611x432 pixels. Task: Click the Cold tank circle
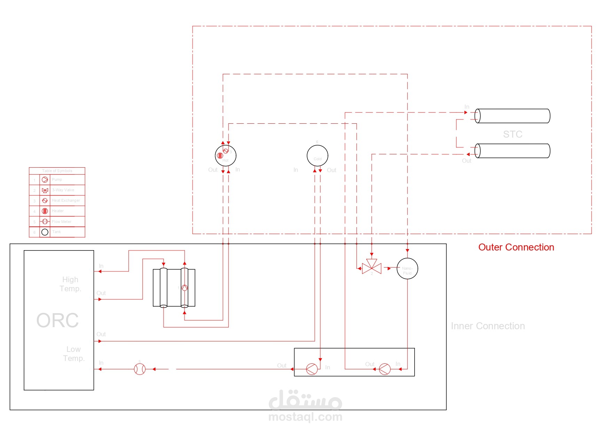pos(317,156)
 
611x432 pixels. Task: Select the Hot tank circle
pos(226,156)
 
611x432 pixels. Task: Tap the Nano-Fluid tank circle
pos(407,269)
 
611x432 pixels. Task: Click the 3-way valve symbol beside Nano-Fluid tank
pos(372,268)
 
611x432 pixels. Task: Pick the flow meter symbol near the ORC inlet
pos(140,369)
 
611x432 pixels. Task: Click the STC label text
pos(512,134)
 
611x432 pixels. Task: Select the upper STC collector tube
pos(512,116)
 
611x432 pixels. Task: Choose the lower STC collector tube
pos(512,151)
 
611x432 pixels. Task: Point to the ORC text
pos(57,321)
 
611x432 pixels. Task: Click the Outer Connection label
pos(516,247)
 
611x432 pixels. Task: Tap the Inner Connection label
pos(488,326)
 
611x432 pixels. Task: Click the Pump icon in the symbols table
pos(45,180)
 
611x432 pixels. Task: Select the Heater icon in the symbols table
pos(45,211)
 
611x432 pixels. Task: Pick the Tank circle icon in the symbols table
pos(45,232)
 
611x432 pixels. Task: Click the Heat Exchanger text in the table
pos(66,201)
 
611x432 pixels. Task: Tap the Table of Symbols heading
pos(57,171)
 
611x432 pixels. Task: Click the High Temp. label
pos(70,284)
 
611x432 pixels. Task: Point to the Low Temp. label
pos(74,354)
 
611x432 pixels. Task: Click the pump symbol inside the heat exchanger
pos(185,288)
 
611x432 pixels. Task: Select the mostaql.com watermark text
pos(305,417)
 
